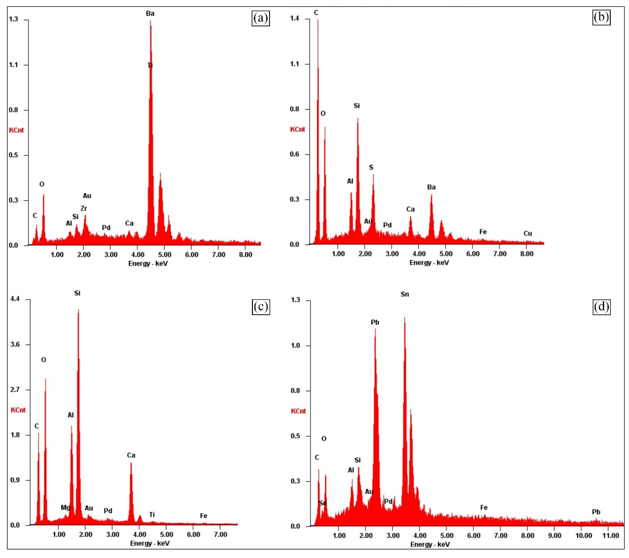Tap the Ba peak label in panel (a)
(x=150, y=14)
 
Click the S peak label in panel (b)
(x=371, y=167)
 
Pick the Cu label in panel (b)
(x=528, y=234)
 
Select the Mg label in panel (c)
(x=65, y=508)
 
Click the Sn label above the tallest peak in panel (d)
(x=405, y=294)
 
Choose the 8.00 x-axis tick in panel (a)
(x=246, y=255)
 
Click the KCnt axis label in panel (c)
(x=18, y=410)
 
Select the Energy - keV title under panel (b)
(x=429, y=263)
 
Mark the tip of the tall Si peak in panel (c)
(x=78, y=310)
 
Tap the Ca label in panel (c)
(x=131, y=455)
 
